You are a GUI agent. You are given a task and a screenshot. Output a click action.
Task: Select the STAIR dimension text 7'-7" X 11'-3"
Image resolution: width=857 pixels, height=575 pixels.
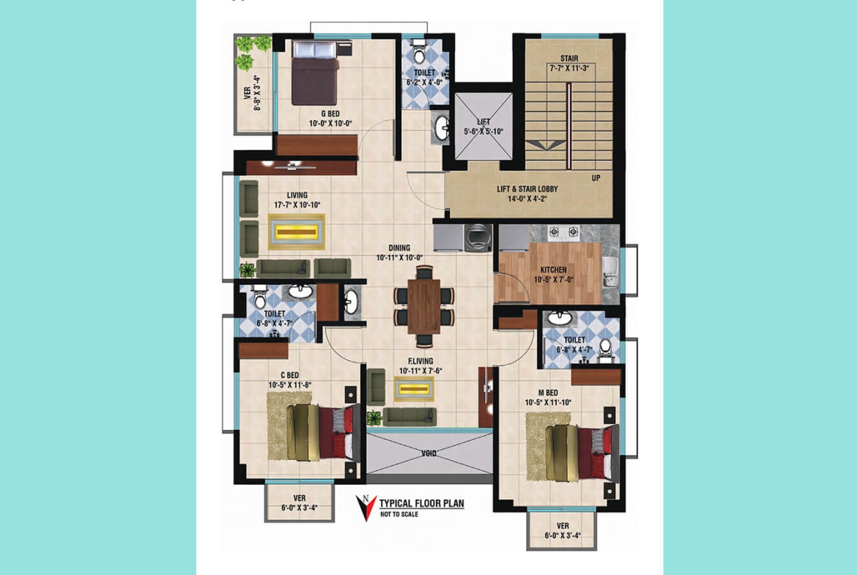(x=569, y=67)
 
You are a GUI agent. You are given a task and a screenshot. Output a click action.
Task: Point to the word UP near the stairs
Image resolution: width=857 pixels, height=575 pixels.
(x=597, y=178)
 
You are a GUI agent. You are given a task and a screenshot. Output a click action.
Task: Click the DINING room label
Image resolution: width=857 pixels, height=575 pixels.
(x=393, y=248)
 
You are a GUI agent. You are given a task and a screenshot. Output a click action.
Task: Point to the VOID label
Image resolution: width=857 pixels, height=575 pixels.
(x=428, y=453)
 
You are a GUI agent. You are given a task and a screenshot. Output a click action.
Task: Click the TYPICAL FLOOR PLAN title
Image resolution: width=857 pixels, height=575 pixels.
(x=421, y=504)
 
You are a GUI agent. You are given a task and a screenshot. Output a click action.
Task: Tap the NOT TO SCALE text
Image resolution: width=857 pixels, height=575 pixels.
(x=399, y=515)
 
